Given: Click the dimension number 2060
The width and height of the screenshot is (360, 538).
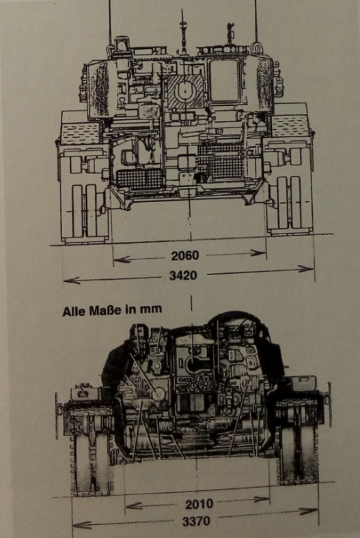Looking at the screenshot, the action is point(185,255).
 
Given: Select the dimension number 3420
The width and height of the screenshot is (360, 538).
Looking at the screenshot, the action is point(183,275).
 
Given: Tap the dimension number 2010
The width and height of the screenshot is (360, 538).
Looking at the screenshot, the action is point(199,504).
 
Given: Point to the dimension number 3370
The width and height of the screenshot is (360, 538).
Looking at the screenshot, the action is point(196,522).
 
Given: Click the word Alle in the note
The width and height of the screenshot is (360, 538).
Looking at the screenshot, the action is point(74,311).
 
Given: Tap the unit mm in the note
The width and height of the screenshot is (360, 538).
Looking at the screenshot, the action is point(151,309).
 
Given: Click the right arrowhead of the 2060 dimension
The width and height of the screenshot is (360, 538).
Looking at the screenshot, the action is point(258,253).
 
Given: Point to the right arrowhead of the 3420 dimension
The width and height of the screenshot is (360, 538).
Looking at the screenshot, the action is point(306,269).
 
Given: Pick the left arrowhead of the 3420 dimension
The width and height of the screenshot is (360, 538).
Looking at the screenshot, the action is point(72,281).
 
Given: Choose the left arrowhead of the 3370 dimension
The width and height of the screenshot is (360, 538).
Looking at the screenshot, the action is point(82,525).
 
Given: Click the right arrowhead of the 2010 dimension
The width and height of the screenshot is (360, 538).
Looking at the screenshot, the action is point(262,499).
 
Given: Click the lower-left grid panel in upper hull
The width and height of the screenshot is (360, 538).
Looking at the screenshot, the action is point(139,179).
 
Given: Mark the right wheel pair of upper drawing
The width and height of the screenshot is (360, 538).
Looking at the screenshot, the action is point(289,203).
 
